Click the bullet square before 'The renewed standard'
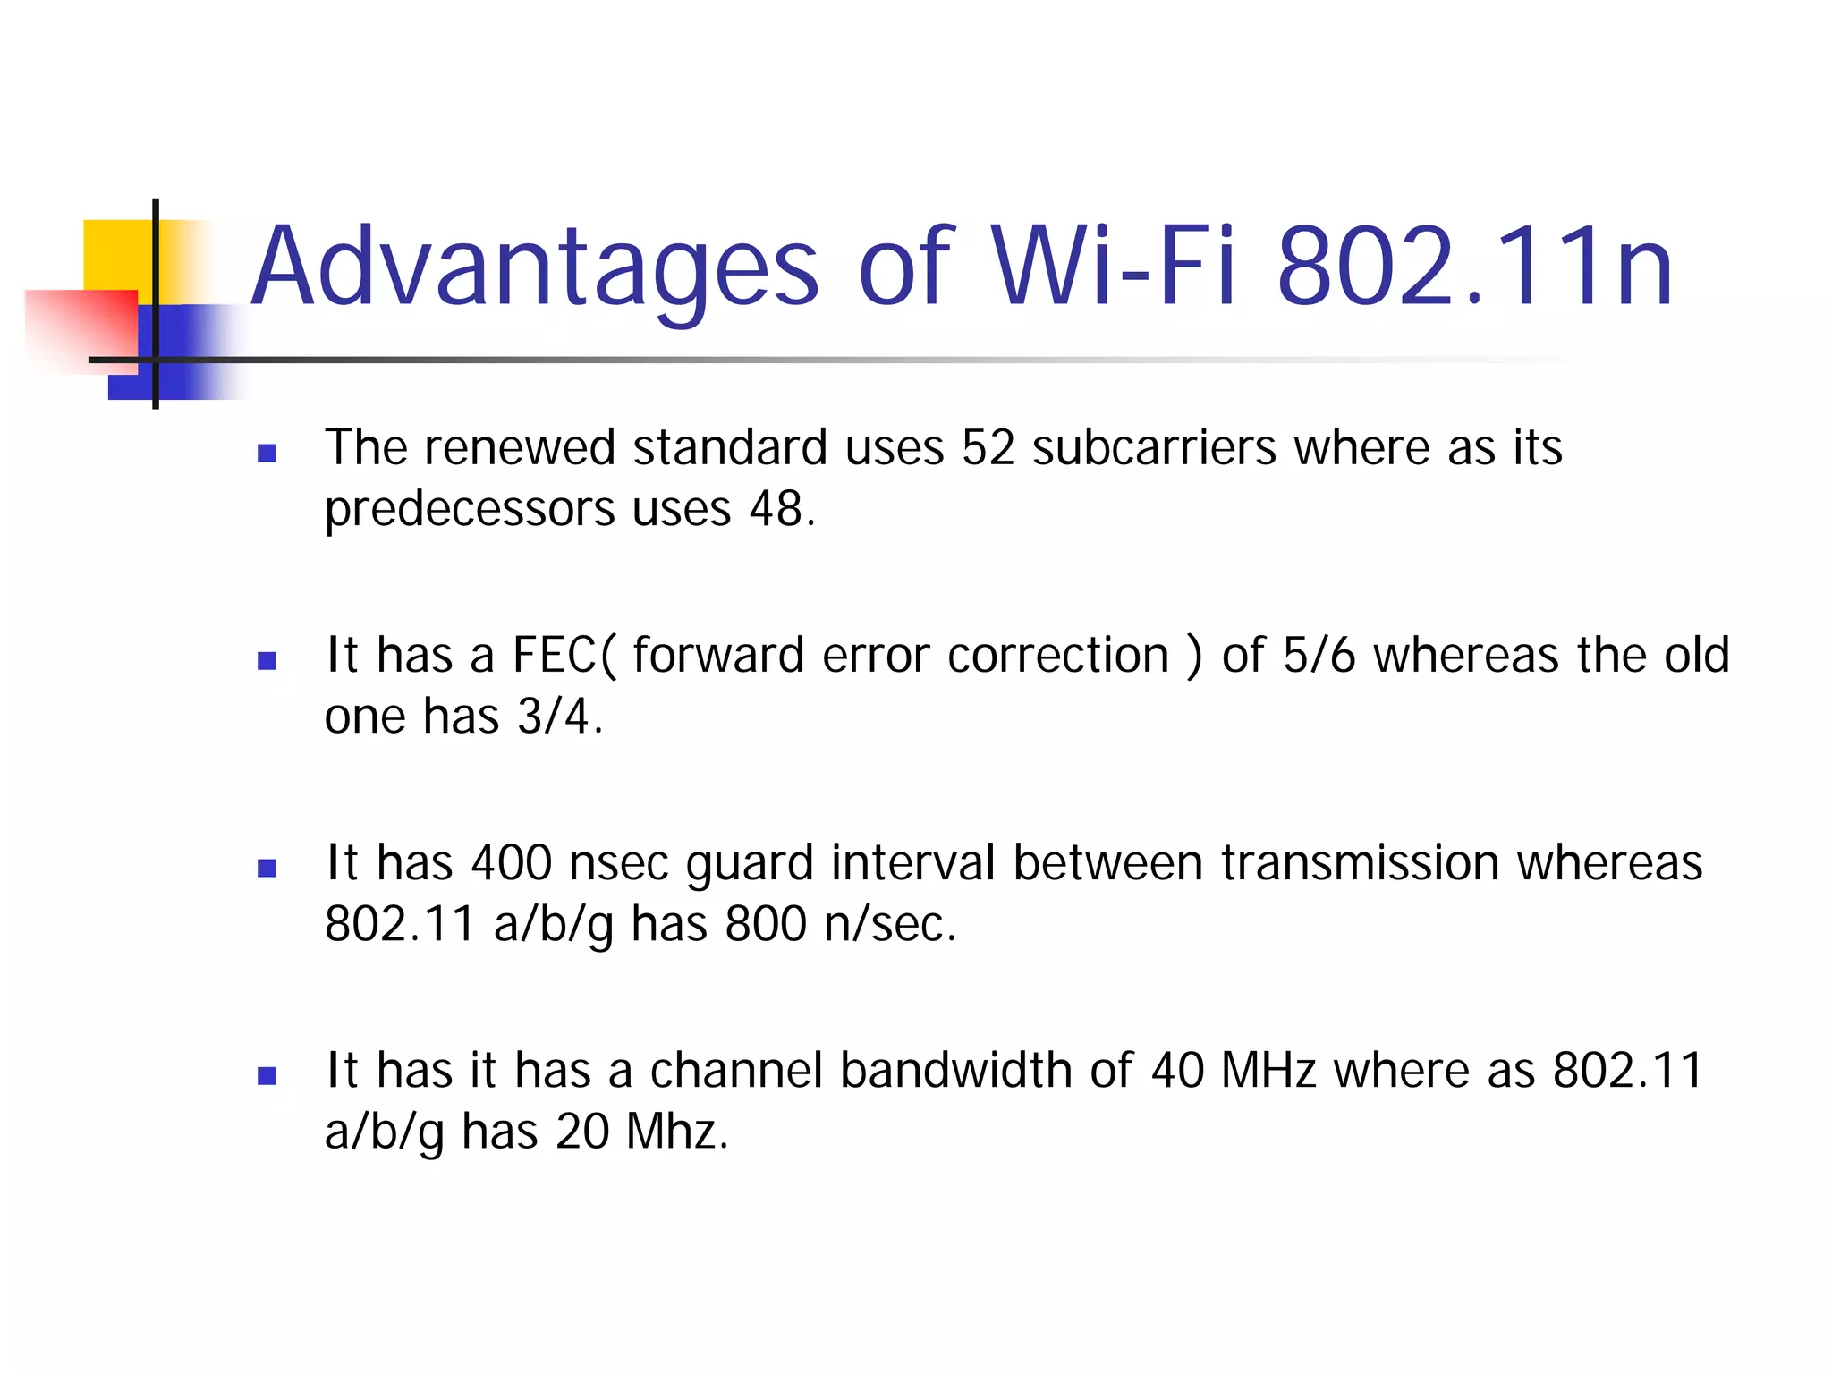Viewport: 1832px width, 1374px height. (x=267, y=453)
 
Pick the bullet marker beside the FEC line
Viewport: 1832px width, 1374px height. (x=267, y=661)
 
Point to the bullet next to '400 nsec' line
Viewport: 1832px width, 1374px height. (x=267, y=869)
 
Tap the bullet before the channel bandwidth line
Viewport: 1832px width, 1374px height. (x=267, y=1076)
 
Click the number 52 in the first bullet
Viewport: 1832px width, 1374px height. (x=988, y=447)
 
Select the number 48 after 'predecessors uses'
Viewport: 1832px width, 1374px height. (x=776, y=509)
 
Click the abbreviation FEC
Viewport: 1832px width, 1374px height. (x=554, y=655)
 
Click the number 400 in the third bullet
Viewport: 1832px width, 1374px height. (x=512, y=862)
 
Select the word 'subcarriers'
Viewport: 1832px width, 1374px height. (x=1154, y=447)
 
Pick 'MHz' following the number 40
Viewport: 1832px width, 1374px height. (x=1268, y=1070)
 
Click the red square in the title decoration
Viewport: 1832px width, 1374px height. (x=81, y=327)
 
